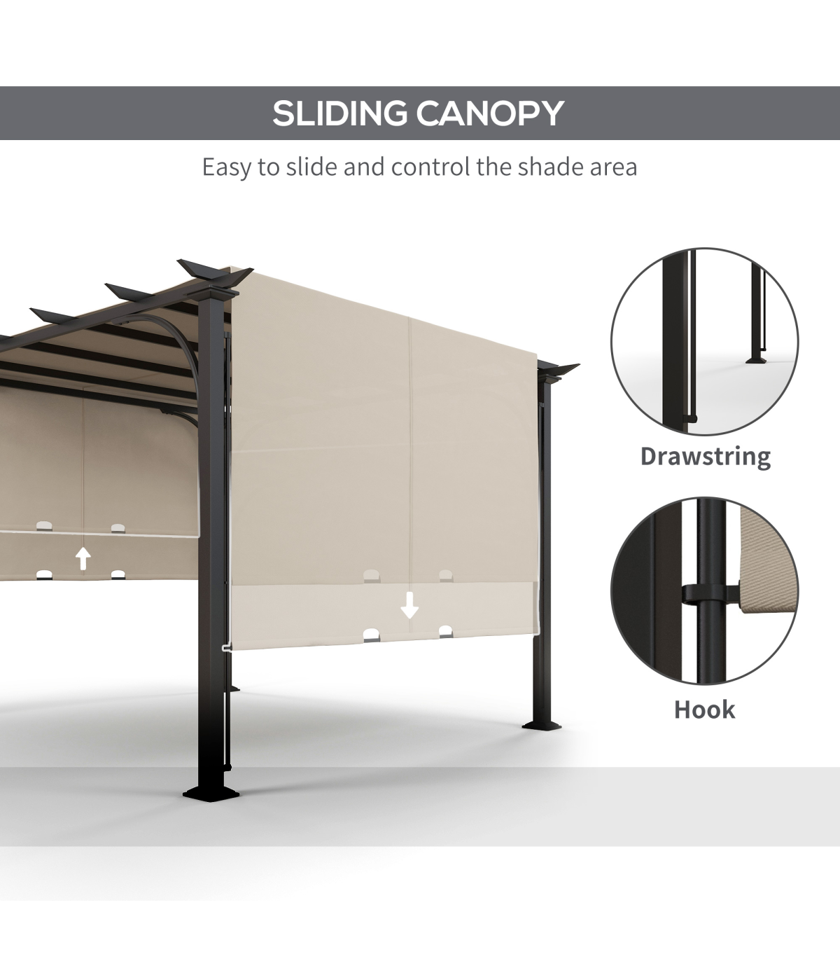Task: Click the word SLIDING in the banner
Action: [x=339, y=113]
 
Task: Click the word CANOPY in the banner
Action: [x=490, y=113]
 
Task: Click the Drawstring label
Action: [x=706, y=457]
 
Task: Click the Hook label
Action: [x=704, y=710]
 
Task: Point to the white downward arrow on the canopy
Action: [x=409, y=605]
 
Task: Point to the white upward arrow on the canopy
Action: [x=83, y=558]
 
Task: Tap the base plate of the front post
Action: [x=211, y=792]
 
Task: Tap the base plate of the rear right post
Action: [x=542, y=726]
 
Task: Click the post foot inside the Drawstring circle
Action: [x=755, y=360]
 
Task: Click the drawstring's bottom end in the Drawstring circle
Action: [x=692, y=418]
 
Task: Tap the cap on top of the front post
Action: [x=213, y=293]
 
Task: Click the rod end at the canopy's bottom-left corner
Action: [x=226, y=648]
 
